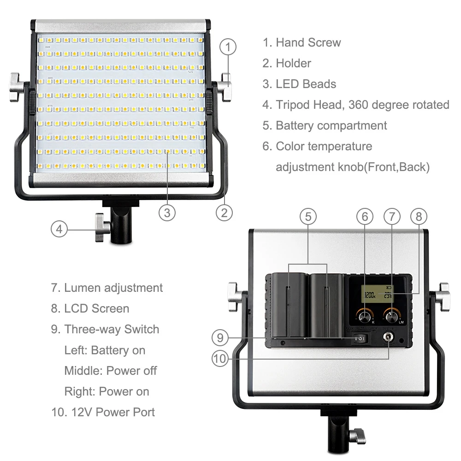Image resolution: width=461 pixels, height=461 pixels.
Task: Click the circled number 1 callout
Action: tap(228, 47)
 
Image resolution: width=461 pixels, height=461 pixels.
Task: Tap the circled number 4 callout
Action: tap(59, 229)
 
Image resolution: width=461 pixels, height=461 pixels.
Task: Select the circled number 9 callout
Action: tap(220, 337)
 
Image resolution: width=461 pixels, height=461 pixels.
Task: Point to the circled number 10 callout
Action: tap(220, 359)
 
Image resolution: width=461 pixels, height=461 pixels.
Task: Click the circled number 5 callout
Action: tap(308, 217)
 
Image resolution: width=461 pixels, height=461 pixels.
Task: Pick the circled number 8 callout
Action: tap(419, 216)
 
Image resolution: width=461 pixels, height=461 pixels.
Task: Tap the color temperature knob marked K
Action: tap(365, 317)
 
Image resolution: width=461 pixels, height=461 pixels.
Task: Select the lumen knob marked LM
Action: tap(391, 317)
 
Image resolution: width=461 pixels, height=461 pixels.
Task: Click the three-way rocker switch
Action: tap(360, 339)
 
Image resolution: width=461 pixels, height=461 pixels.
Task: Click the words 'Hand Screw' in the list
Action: tap(308, 42)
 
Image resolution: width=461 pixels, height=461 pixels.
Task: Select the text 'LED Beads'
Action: tap(306, 84)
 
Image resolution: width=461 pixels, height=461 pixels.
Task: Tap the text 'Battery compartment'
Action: tap(331, 126)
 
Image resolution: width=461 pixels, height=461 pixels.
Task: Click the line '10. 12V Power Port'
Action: tap(103, 412)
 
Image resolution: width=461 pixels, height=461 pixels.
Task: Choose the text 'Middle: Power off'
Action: tap(111, 371)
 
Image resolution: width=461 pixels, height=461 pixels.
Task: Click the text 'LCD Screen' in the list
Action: tap(96, 308)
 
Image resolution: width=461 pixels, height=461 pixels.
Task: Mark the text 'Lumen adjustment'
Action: tap(113, 288)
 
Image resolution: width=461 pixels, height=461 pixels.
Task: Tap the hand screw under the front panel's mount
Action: tap(102, 228)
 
